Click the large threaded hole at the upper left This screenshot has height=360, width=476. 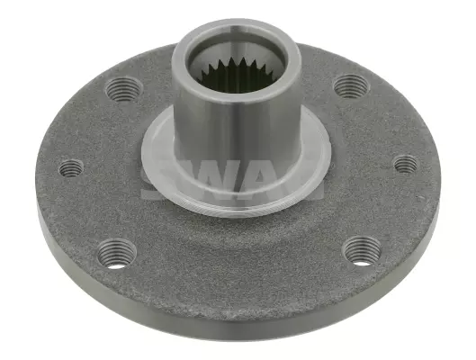click(124, 89)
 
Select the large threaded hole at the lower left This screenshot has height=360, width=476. click(117, 255)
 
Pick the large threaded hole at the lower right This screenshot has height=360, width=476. click(362, 251)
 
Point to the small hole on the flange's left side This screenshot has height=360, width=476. click(71, 168)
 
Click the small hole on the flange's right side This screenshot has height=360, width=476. click(406, 164)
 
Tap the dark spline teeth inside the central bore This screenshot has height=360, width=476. click(238, 76)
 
